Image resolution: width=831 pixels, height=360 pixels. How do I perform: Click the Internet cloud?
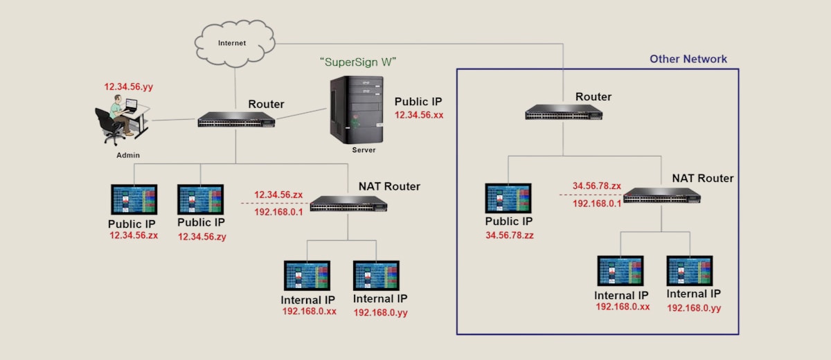click(235, 44)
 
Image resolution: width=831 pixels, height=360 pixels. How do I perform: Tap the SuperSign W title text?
click(358, 62)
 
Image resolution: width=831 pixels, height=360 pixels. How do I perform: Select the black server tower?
click(357, 110)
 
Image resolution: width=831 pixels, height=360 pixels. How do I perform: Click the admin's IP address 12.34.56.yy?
click(128, 87)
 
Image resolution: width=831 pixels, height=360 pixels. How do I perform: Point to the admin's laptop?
click(131, 105)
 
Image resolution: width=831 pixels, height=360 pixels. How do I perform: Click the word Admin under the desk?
click(128, 155)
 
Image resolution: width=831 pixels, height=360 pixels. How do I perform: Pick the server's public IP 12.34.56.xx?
click(419, 115)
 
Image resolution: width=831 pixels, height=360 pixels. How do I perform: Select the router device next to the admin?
click(236, 119)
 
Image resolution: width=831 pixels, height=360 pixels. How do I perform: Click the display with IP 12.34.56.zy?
click(200, 199)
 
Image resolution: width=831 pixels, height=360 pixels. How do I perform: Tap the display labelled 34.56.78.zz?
click(508, 199)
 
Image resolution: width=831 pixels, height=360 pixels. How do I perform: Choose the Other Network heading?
click(688, 59)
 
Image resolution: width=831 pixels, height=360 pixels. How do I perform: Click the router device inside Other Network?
click(564, 112)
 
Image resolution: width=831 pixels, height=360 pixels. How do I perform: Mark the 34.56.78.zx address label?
click(597, 186)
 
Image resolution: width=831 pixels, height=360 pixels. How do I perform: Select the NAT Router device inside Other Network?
click(662, 195)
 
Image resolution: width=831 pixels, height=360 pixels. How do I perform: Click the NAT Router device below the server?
click(348, 204)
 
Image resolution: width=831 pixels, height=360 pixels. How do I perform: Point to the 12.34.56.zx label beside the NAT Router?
click(278, 195)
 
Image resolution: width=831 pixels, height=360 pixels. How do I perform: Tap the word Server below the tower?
click(364, 150)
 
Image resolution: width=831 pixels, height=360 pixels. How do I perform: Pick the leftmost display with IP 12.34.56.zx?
click(134, 199)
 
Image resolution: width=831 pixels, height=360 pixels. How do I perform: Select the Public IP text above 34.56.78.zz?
click(508, 222)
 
